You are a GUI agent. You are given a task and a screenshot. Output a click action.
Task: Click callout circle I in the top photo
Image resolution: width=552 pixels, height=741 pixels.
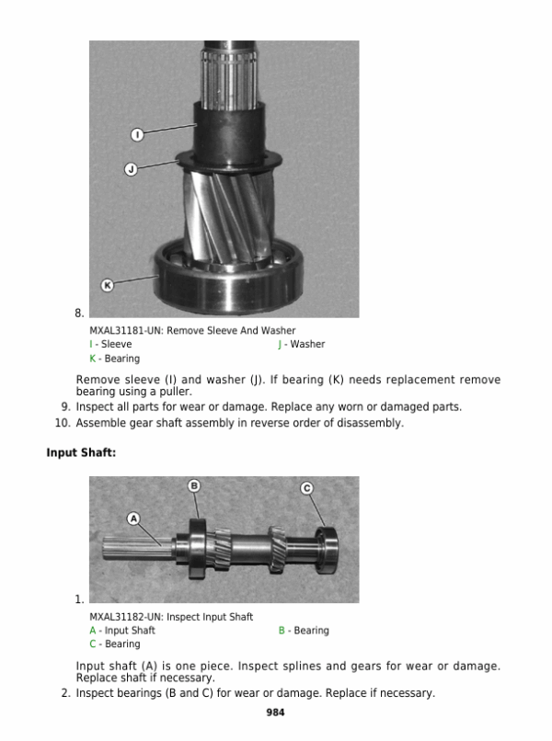pos(136,135)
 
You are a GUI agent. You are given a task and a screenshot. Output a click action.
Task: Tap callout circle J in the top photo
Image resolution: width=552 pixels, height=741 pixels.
pos(131,169)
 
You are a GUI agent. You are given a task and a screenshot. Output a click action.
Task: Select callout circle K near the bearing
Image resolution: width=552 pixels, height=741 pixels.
pos(107,285)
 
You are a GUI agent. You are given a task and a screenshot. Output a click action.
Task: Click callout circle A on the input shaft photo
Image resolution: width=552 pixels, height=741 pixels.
pos(133,519)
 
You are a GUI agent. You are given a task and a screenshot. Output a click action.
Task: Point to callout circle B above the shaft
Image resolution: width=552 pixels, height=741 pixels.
pos(194,485)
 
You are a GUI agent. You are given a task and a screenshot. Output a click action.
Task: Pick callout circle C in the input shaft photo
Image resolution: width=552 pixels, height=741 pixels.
pos(307,488)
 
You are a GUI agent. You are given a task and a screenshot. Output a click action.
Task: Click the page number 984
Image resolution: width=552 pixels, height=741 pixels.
pos(275,712)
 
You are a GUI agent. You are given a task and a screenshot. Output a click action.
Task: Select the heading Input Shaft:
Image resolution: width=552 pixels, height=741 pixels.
pos(81,453)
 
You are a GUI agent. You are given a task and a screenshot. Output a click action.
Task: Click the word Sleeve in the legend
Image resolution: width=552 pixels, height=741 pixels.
pos(116,344)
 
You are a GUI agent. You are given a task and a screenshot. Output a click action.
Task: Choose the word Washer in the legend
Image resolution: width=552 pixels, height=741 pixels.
pos(306,344)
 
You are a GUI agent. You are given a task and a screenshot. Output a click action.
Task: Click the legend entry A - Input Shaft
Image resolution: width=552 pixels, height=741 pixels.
pos(122,631)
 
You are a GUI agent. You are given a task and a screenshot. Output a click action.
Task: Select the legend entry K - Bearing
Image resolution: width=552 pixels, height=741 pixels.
pos(114,358)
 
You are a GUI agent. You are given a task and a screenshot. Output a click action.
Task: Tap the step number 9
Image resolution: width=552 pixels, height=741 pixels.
pos(66,406)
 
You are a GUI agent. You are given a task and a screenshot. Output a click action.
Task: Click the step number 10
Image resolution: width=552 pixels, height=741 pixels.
pos(63,423)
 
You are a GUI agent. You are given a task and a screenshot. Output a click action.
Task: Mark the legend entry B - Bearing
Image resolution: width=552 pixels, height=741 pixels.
pos(304,631)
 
